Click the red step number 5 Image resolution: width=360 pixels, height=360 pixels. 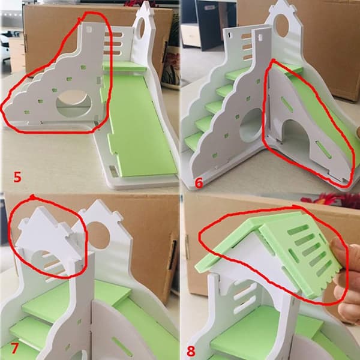pos(17,177)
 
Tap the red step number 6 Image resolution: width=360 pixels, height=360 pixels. pos(199,183)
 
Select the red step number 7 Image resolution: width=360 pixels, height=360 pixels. pos(14,348)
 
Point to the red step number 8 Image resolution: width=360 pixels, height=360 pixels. pos(191,351)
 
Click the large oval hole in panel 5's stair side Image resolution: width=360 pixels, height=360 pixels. pos(74,103)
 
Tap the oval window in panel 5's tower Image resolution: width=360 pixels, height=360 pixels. pos(142,28)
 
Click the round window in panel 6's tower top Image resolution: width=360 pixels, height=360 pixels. pos(282,26)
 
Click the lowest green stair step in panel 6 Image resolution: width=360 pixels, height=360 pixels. pos(194,141)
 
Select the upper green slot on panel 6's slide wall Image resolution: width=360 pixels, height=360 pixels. pos(287,104)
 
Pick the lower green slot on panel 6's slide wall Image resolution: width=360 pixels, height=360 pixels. pos(324,149)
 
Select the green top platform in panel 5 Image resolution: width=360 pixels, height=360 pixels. pos(124,66)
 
